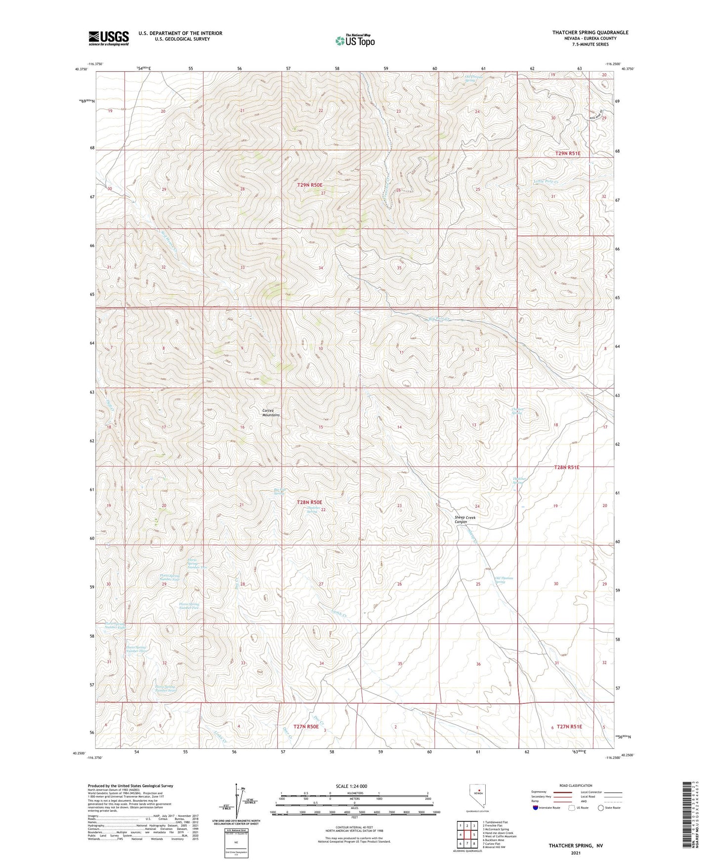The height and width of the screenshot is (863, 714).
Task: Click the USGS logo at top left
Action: [108, 38]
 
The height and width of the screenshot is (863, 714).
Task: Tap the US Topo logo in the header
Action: [354, 41]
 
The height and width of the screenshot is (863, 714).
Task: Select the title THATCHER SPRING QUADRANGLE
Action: [590, 33]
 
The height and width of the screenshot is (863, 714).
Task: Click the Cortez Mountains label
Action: [271, 413]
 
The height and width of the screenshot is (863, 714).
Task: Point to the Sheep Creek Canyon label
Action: [464, 519]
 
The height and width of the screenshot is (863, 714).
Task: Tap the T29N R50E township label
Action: [310, 185]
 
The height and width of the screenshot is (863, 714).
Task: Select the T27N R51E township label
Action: [569, 727]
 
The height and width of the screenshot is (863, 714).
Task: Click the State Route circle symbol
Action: [601, 808]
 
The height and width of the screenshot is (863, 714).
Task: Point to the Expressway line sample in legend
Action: [563, 792]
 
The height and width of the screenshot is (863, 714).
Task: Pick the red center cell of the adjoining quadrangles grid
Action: [466, 834]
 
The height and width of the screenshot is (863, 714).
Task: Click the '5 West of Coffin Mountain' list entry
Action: [499, 836]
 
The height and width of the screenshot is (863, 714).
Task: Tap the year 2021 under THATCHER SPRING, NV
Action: [575, 853]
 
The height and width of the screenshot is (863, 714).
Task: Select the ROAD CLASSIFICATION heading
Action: [576, 785]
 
